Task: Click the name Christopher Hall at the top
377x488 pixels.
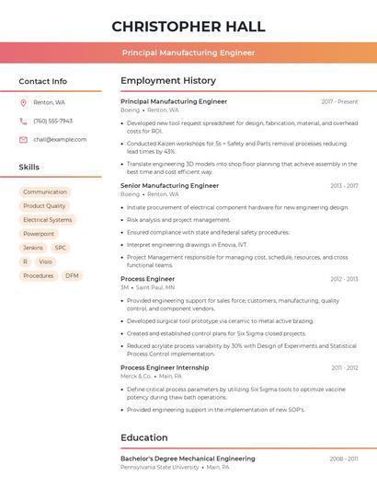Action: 188,26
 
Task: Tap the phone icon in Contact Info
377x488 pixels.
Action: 23,121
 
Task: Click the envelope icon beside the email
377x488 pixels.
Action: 23,139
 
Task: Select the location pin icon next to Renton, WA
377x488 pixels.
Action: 23,102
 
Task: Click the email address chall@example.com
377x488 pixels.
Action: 60,139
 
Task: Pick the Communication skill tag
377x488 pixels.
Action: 45,192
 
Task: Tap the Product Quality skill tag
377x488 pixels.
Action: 44,206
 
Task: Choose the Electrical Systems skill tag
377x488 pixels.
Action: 48,220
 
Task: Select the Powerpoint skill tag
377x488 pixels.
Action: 39,234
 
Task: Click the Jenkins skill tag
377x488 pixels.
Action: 33,248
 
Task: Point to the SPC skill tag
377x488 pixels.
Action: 61,248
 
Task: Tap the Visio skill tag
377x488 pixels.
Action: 45,261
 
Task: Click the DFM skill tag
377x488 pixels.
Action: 72,275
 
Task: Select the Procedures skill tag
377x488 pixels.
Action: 39,275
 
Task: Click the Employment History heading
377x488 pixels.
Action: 168,81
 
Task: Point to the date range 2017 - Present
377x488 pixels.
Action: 339,101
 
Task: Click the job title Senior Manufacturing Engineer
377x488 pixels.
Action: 169,185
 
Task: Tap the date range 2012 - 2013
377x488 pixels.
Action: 344,279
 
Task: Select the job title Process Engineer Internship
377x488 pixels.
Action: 165,367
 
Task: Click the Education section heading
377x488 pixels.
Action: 144,437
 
